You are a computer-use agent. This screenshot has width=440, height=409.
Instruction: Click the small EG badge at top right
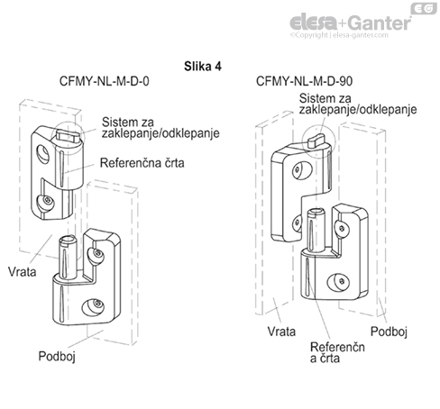coord(425,8)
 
